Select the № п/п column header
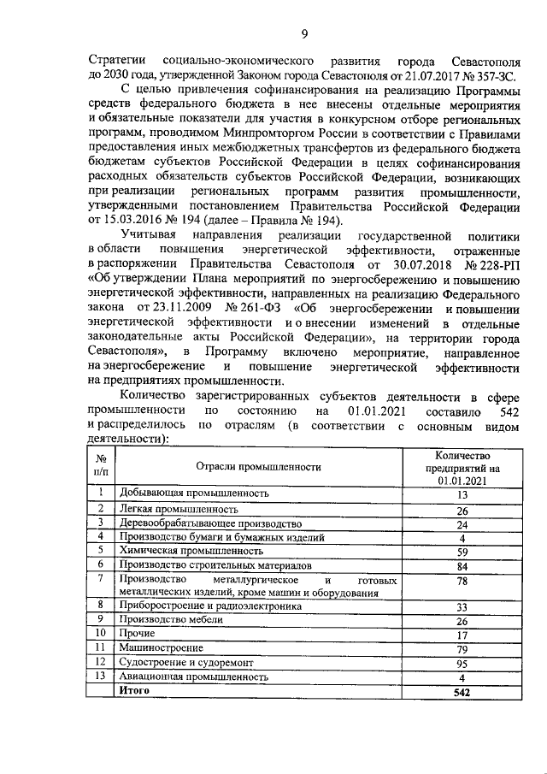(x=101, y=467)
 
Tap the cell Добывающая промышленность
(x=194, y=493)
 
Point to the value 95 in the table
(x=462, y=662)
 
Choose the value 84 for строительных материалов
(x=462, y=565)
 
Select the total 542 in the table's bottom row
(x=462, y=690)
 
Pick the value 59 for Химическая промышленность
(x=462, y=551)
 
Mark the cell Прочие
(x=137, y=634)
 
